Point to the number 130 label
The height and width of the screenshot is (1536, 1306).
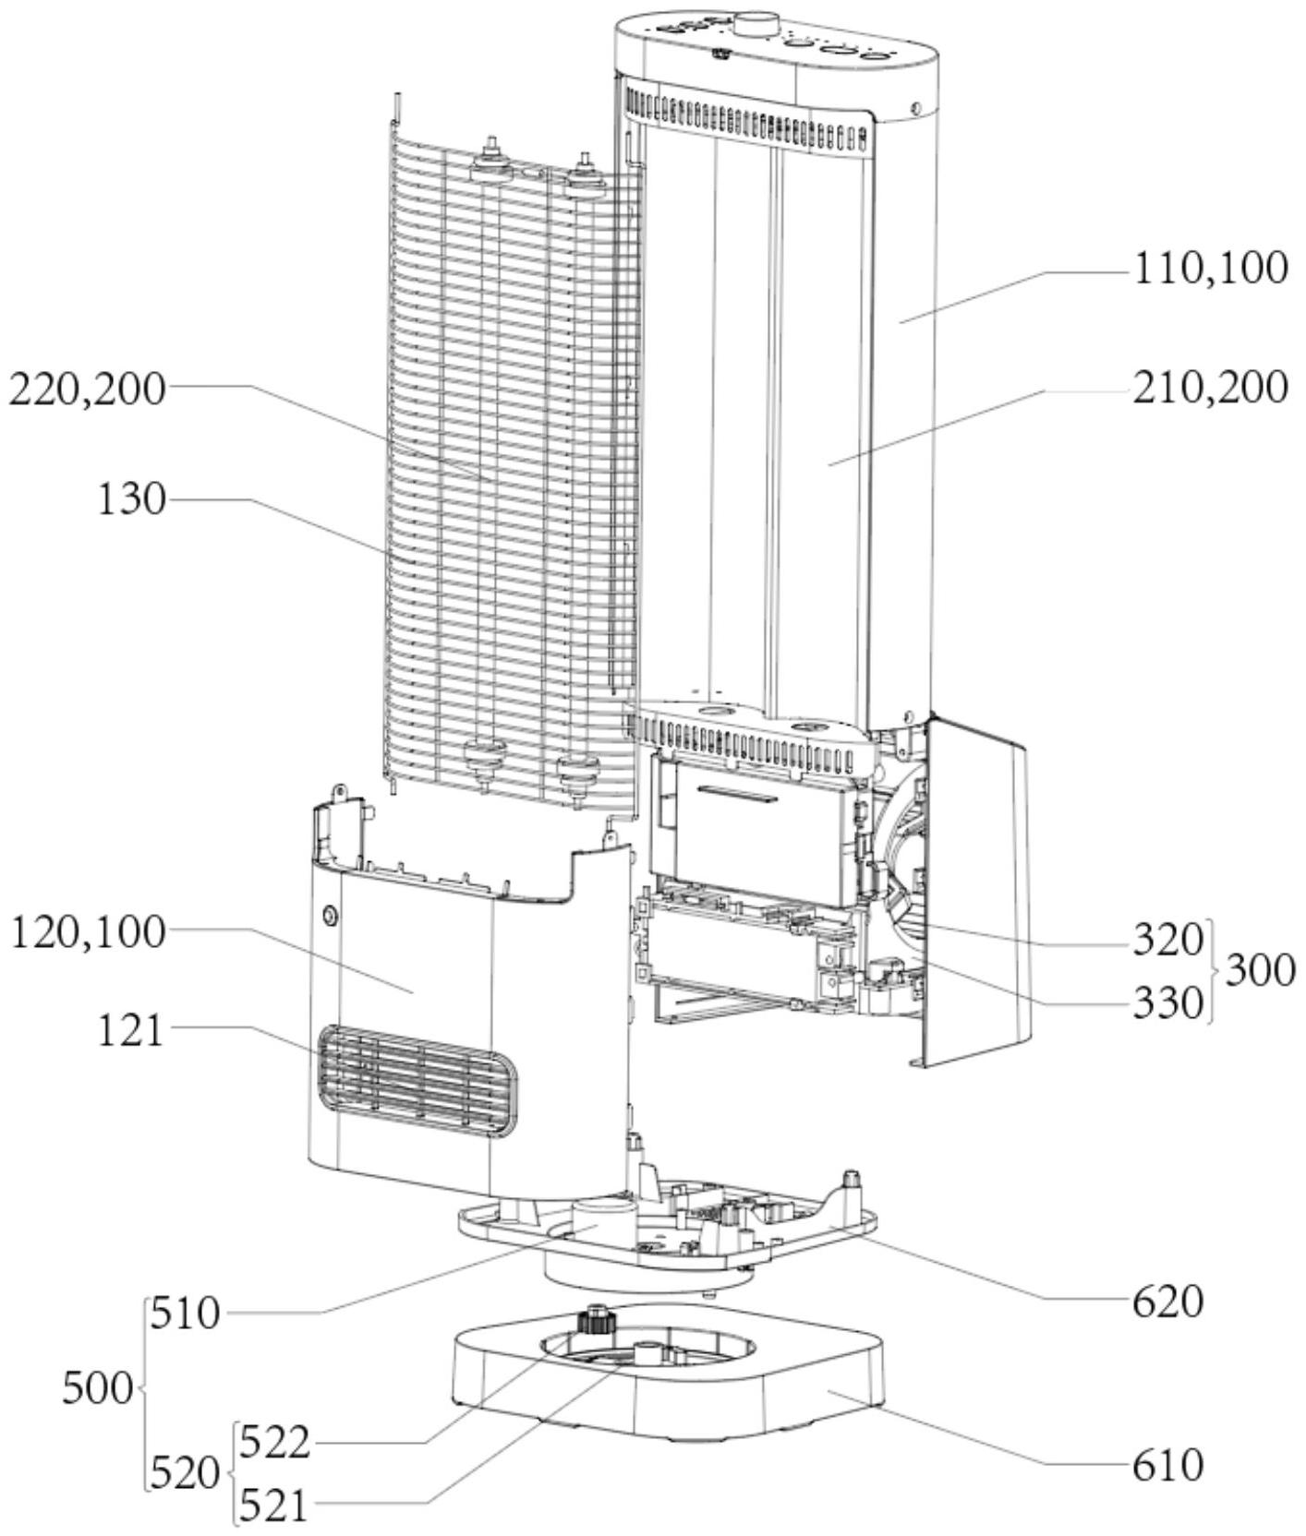(132, 499)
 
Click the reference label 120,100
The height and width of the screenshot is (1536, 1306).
(89, 933)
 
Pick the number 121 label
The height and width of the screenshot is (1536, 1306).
(130, 1030)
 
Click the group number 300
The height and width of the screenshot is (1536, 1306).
(1260, 971)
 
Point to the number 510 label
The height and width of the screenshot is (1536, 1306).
(186, 1313)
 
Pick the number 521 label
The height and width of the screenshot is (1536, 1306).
(272, 1506)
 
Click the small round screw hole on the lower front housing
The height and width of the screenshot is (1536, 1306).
(329, 916)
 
